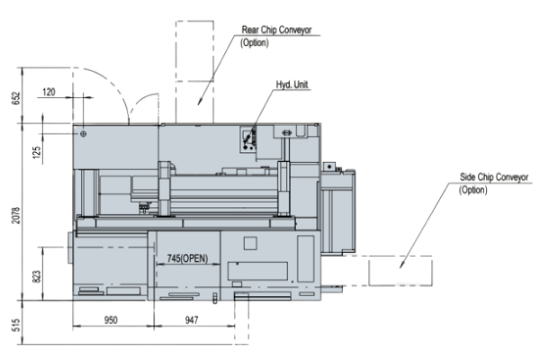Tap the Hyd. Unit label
(x=292, y=86)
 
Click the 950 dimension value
(x=110, y=319)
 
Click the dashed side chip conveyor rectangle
(x=400, y=270)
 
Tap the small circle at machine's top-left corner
(x=83, y=133)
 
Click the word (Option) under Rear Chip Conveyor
(x=256, y=41)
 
